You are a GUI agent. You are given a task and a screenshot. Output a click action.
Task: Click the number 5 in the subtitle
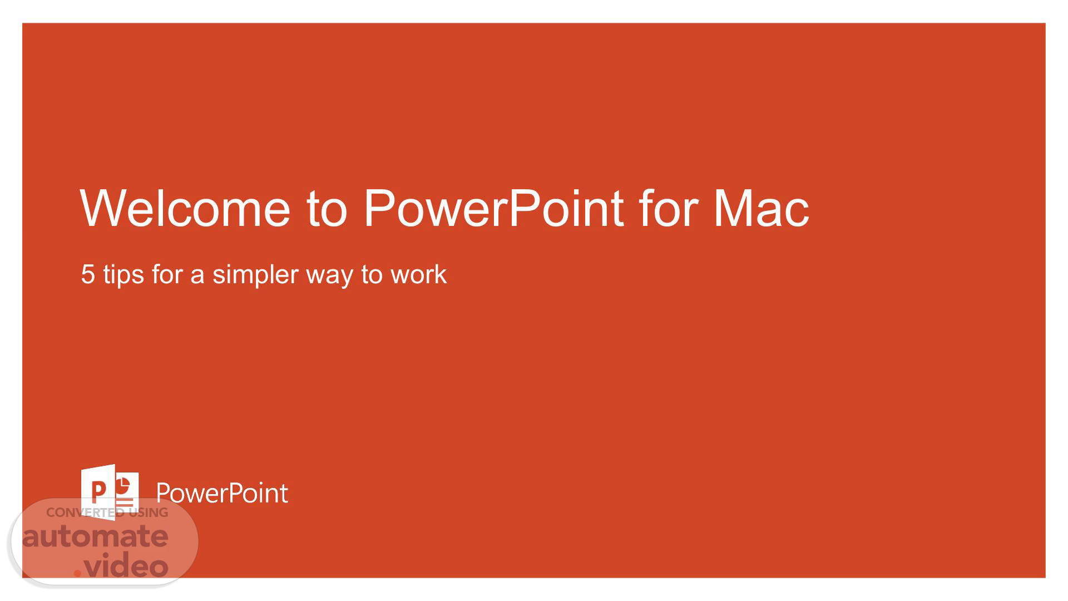(x=88, y=274)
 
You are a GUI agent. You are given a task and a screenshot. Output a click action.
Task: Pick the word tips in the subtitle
(x=123, y=275)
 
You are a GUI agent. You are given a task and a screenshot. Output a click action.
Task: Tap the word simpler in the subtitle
(x=255, y=275)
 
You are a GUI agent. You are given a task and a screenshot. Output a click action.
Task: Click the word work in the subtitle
(x=418, y=274)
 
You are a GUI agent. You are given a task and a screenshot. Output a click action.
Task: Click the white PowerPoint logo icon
(x=110, y=492)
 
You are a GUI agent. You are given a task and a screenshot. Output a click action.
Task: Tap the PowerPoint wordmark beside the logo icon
(x=222, y=493)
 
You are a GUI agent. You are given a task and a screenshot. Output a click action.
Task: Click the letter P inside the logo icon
(x=98, y=492)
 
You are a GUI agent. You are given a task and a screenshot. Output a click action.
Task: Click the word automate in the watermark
(x=95, y=536)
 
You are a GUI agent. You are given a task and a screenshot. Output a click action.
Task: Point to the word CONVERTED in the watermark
(x=86, y=513)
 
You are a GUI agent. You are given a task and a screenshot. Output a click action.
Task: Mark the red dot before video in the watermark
(x=78, y=573)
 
